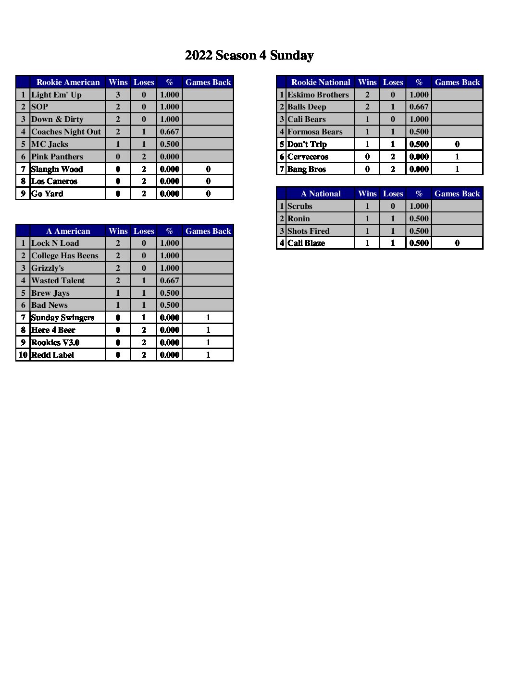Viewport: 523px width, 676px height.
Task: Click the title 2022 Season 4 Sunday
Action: pyautogui.click(x=249, y=55)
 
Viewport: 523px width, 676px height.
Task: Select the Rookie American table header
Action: pyautogui.click(x=68, y=82)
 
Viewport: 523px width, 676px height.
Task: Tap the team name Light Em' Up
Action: pyautogui.click(x=56, y=95)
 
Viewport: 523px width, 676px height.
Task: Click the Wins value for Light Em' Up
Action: pyautogui.click(x=118, y=95)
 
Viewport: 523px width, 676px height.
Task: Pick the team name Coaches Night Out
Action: pyautogui.click(x=66, y=132)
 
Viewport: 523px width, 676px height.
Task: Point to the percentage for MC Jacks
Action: pyautogui.click(x=169, y=144)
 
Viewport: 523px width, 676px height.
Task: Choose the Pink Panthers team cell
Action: pyautogui.click(x=57, y=157)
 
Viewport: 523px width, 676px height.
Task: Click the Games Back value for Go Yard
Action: pyautogui.click(x=208, y=193)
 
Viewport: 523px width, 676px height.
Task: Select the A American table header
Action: pyautogui.click(x=68, y=231)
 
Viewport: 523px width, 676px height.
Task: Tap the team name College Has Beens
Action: pyautogui.click(x=64, y=255)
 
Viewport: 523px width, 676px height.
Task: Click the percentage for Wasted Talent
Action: pyautogui.click(x=169, y=280)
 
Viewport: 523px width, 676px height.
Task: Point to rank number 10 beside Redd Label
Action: pyautogui.click(x=23, y=355)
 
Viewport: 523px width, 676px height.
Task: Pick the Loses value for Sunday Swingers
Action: pyautogui.click(x=143, y=317)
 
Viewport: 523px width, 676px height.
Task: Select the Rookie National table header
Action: pyautogui.click(x=321, y=82)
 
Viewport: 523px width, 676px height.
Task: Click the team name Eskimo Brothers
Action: pyautogui.click(x=318, y=95)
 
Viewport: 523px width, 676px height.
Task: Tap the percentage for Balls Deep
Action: pyautogui.click(x=419, y=107)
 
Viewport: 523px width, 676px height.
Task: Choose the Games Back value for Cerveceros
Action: pyautogui.click(x=457, y=157)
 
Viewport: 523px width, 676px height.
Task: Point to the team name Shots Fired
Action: pyautogui.click(x=308, y=231)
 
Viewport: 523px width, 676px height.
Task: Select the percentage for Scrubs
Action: pyautogui.click(x=419, y=206)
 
